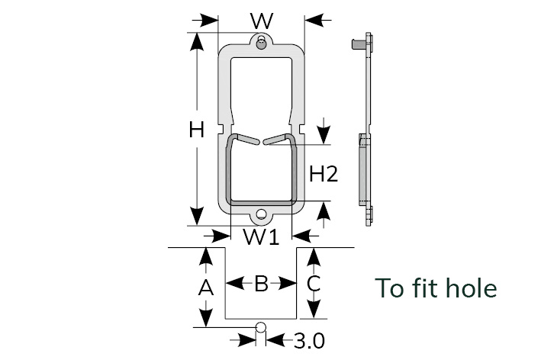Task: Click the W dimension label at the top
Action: click(261, 19)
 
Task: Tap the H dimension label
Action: click(197, 130)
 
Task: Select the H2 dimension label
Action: click(324, 174)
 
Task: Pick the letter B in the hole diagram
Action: click(261, 284)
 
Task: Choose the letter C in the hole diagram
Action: click(313, 284)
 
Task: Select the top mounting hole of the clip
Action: click(261, 43)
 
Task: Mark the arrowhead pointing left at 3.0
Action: click(275, 339)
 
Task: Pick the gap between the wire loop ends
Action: click(261, 140)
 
